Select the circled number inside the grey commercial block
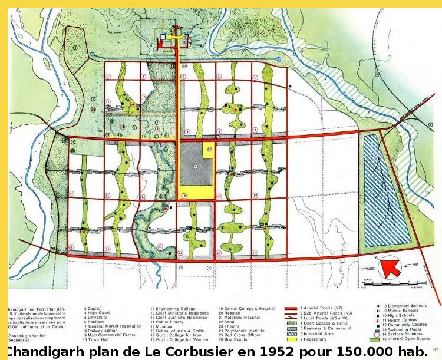click(x=195, y=167)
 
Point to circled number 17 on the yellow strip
click(x=184, y=195)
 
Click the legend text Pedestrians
click(x=319, y=339)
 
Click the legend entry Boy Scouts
click(x=236, y=339)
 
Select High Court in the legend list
click(x=98, y=313)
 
